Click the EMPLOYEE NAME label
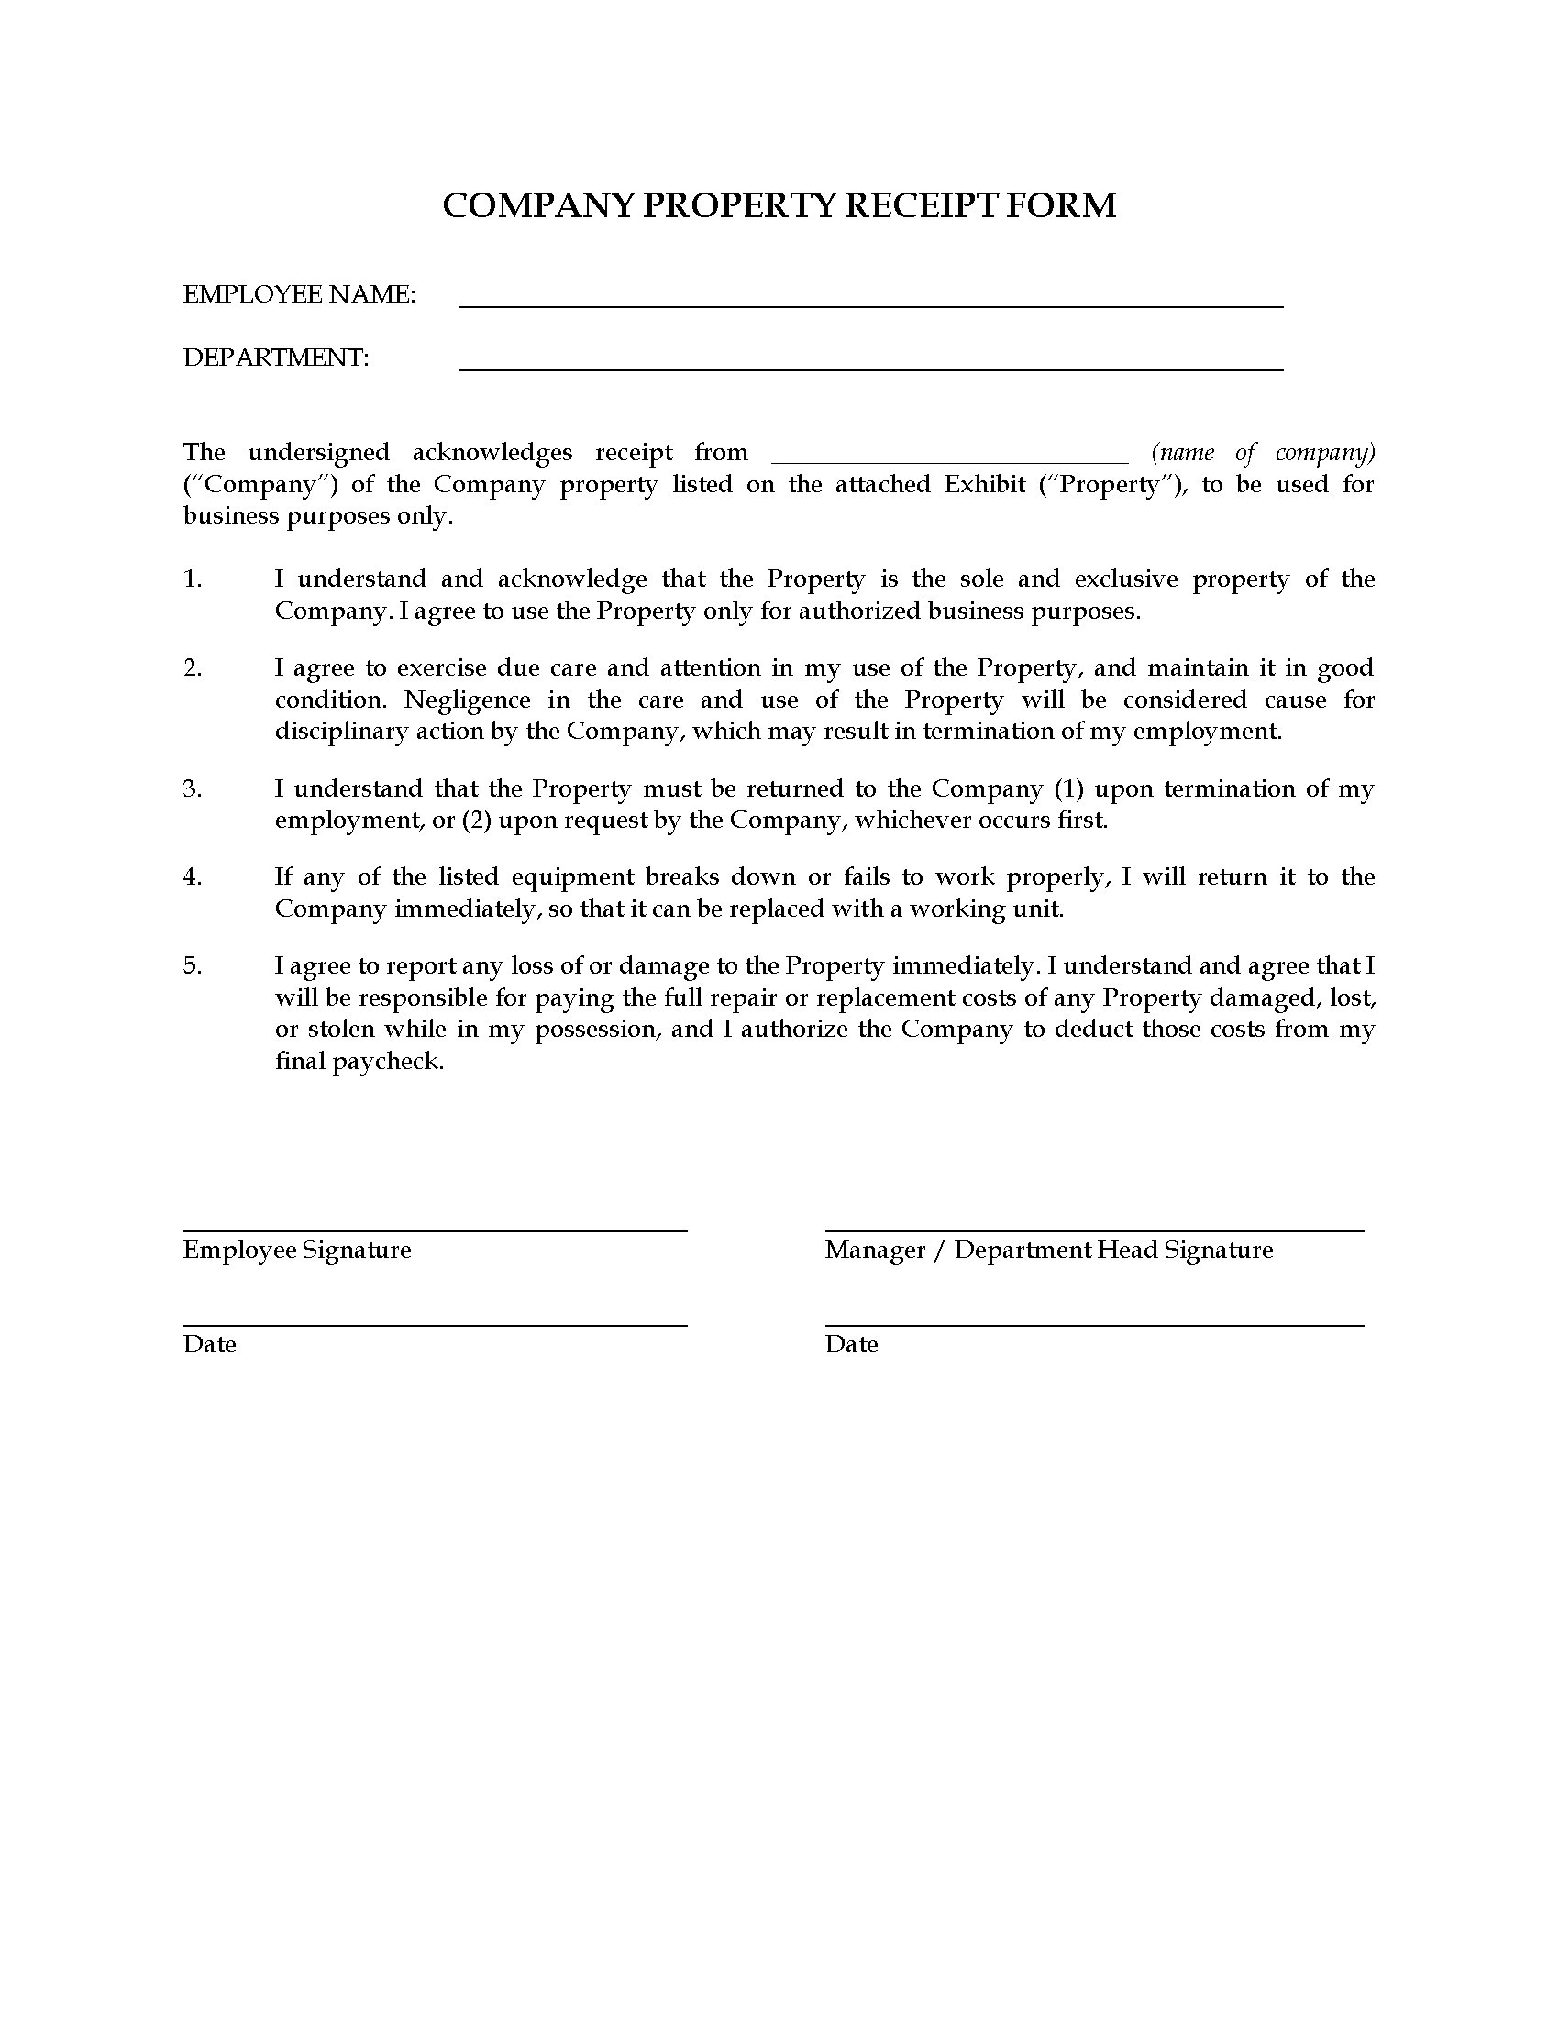click(299, 294)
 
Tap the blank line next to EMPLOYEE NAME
click(870, 303)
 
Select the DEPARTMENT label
click(275, 358)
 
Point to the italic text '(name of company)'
click(1263, 453)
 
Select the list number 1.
click(192, 579)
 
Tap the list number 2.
click(192, 667)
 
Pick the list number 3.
click(192, 788)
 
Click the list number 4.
click(192, 876)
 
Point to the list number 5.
click(192, 965)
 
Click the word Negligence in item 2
click(468, 700)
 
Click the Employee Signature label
click(296, 1251)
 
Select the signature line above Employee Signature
click(434, 1230)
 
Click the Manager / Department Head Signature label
click(1048, 1251)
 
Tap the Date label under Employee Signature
click(210, 1345)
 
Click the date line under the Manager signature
click(1093, 1326)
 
